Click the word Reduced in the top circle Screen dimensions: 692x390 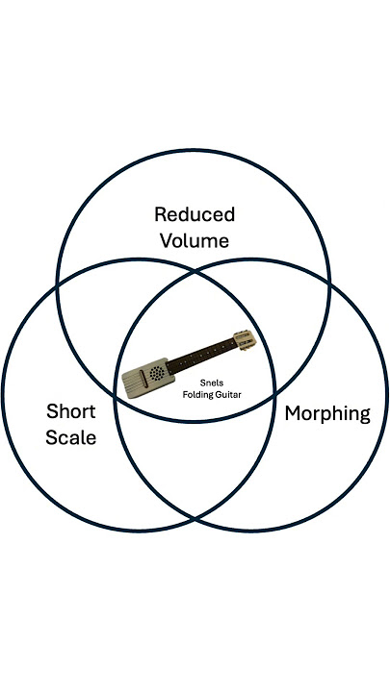click(x=195, y=213)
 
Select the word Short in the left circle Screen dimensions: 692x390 click(x=71, y=412)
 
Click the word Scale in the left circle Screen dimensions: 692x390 click(x=71, y=437)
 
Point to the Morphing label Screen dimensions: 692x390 click(x=327, y=414)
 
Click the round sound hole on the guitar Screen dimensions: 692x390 click(x=155, y=373)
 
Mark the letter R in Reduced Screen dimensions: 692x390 click(x=161, y=213)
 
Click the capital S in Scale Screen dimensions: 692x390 click(x=53, y=437)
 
